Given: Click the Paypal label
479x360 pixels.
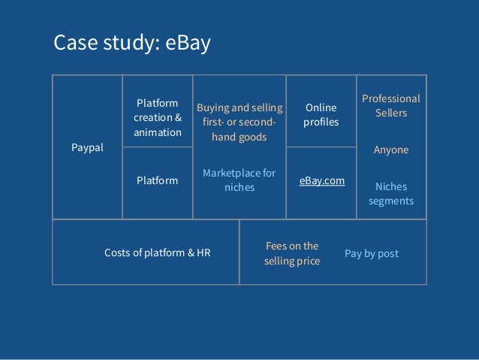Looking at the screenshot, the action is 87,148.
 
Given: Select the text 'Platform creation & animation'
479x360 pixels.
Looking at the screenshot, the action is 158,117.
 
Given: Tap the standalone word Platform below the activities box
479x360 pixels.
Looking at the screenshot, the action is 158,180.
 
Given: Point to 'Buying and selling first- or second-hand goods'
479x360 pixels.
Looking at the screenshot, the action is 239,123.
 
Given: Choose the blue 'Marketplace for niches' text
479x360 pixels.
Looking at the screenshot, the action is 239,180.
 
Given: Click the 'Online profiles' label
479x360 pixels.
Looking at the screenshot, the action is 321,114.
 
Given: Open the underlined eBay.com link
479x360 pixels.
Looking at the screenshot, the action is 322,180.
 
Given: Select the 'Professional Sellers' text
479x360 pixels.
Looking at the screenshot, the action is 391,106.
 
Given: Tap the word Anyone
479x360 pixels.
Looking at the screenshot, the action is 391,150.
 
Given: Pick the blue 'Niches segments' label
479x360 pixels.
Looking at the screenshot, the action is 391,193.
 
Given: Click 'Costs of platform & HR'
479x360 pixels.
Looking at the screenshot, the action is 158,253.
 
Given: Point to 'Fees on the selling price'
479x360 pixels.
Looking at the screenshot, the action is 292,253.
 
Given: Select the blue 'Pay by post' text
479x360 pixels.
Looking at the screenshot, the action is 372,253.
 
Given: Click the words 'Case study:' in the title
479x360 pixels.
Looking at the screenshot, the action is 104,44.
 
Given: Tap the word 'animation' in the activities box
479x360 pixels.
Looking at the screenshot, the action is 158,132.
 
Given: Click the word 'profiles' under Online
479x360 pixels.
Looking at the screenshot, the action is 321,122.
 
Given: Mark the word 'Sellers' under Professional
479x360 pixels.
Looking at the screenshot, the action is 391,113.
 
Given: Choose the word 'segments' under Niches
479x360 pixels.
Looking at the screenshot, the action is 391,201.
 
